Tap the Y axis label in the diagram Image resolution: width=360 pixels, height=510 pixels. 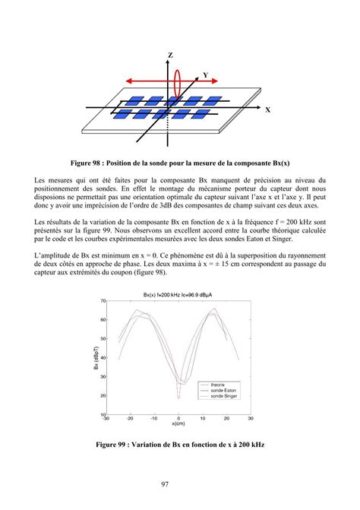pyautogui.click(x=206, y=75)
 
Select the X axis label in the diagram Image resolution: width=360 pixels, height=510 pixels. pyautogui.click(x=267, y=110)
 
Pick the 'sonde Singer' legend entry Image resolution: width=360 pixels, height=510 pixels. pyautogui.click(x=223, y=397)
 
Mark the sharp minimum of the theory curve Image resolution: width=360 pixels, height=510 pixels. pyautogui.click(x=178, y=398)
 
